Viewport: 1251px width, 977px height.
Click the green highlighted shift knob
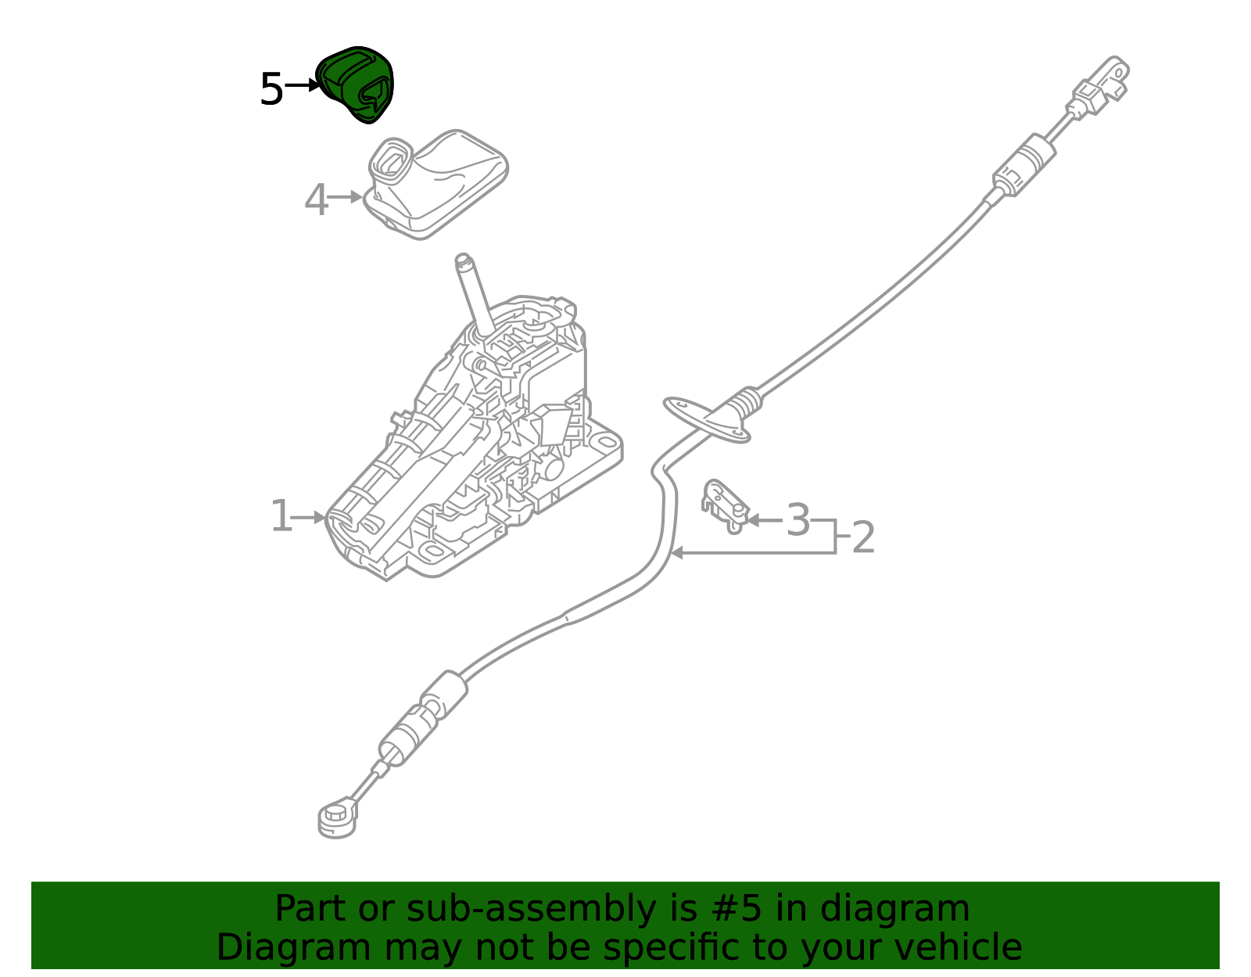355,84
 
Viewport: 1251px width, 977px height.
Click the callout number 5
272,89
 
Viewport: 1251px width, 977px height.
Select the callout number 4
316,199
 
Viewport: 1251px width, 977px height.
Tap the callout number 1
281,515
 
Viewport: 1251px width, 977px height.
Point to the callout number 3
798,520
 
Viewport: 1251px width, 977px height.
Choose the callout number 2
863,537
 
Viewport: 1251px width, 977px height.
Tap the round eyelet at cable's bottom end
337,819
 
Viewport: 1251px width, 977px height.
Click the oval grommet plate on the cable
707,420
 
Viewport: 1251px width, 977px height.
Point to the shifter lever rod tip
463,260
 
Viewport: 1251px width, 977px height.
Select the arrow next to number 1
309,518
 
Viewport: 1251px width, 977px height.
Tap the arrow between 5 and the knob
302,86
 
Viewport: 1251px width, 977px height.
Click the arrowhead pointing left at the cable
678,553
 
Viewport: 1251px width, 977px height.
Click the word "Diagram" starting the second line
294,948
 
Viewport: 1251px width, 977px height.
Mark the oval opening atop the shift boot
391,159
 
